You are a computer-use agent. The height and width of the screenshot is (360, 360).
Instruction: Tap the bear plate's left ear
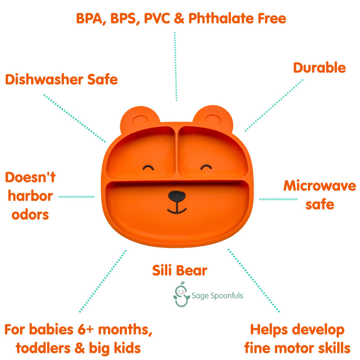pos(140,119)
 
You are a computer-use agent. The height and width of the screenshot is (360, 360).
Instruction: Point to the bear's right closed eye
pos(206,167)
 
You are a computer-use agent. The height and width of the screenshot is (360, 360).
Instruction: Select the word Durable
pos(319,68)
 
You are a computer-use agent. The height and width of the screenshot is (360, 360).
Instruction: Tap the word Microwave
pos(320,185)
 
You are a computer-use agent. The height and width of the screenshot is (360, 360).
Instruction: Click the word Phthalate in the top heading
pos(221,18)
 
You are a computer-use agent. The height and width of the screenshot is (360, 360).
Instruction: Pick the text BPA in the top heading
pos(89,19)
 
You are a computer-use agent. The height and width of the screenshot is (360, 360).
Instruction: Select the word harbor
pos(30,196)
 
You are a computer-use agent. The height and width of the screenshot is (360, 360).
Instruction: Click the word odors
pos(30,215)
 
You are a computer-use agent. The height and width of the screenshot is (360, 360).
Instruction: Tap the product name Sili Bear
pos(180,270)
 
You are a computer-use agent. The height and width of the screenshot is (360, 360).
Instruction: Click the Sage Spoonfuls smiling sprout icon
pos(181,294)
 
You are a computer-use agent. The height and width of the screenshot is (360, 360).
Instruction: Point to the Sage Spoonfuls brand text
pos(217,296)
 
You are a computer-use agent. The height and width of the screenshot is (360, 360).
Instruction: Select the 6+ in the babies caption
pos(86,329)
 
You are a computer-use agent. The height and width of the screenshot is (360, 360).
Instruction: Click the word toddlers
pos(43,348)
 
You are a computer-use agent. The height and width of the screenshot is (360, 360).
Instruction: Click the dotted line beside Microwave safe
pos(278,199)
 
